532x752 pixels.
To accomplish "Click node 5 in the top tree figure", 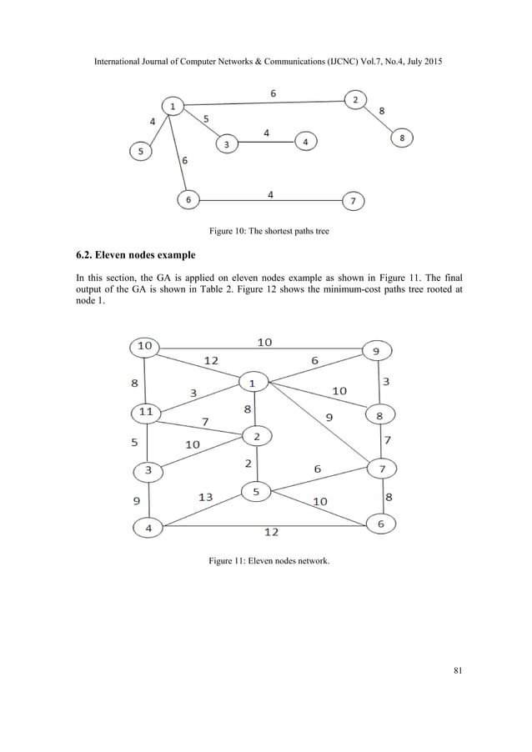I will point(141,152).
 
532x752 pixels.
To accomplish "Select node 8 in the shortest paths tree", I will point(403,138).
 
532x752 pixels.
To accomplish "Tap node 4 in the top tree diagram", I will point(306,143).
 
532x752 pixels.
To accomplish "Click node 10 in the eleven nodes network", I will point(145,346).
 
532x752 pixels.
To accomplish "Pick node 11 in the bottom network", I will point(146,412).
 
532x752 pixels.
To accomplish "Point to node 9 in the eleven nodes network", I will point(376,350).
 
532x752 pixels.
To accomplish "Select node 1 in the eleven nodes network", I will point(251,382).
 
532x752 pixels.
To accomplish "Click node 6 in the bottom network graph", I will point(381,524).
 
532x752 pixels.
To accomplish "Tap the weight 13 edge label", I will point(204,498).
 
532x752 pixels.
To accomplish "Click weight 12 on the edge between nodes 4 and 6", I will point(271,532).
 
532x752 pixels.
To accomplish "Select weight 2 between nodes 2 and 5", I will point(248,464).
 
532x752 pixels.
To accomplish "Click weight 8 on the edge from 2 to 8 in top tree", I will point(382,109).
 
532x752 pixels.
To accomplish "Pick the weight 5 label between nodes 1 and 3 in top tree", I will point(206,118).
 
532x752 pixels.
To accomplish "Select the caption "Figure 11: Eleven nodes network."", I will point(269,561).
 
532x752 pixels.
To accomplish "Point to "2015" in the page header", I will point(430,63).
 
